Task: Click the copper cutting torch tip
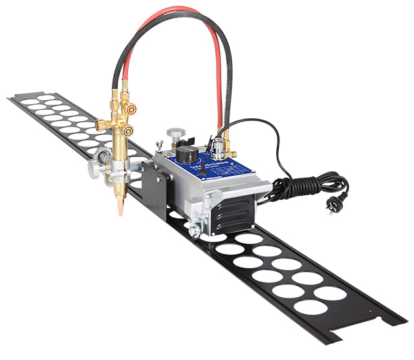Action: (120, 206)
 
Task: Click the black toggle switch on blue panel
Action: (202, 169)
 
